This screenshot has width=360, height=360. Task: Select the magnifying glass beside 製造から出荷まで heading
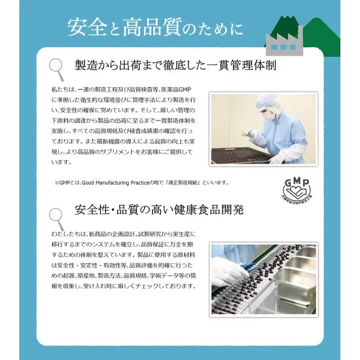(58, 65)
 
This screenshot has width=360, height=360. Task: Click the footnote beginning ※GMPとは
(141, 182)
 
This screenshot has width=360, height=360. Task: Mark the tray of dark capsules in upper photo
(242, 155)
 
